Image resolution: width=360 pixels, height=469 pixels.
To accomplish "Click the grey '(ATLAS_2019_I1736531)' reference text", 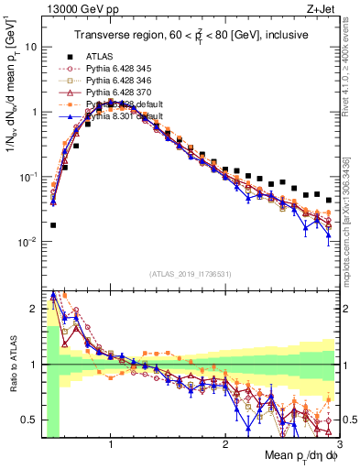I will click(191, 272).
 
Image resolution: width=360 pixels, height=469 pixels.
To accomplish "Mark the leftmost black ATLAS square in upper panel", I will click(53, 224).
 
